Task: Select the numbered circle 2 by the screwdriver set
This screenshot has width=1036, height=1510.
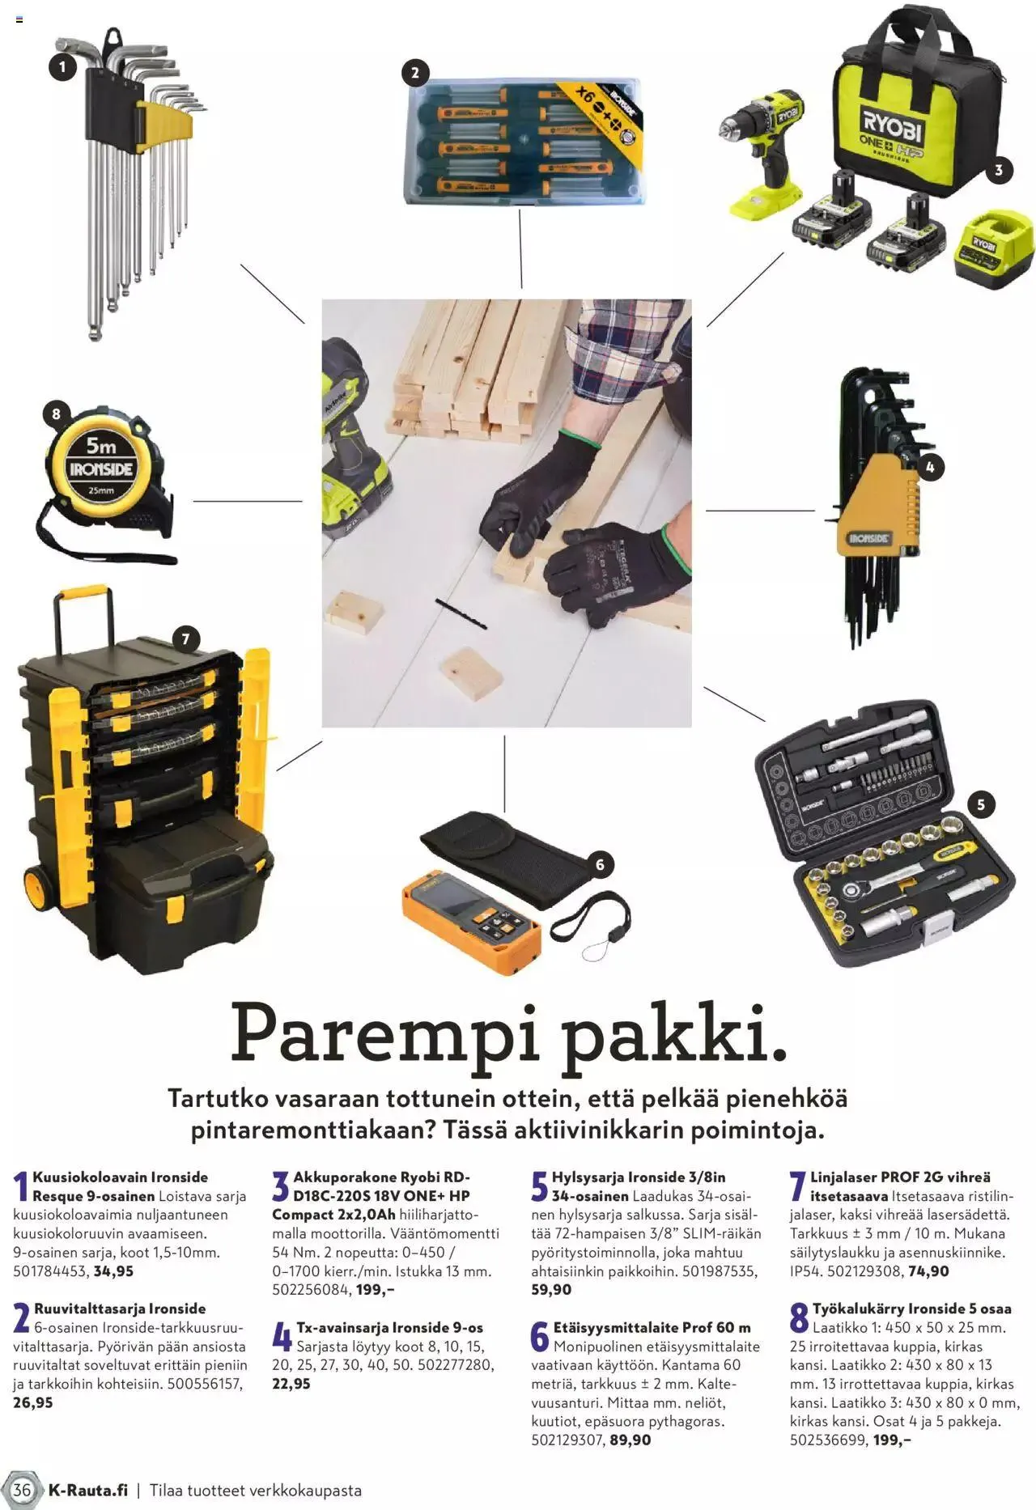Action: (x=415, y=73)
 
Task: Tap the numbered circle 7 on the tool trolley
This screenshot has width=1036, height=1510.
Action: (x=185, y=639)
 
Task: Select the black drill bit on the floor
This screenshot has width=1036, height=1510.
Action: (x=461, y=613)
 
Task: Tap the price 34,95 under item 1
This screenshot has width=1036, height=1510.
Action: (x=113, y=1271)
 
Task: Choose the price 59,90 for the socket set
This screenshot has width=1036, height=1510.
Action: (x=551, y=1290)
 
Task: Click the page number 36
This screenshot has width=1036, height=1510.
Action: (x=22, y=1490)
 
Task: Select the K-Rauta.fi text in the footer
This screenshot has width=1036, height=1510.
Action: (x=88, y=1490)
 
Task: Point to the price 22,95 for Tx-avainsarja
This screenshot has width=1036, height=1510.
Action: (x=291, y=1384)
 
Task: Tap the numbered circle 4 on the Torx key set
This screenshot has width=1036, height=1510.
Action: (x=930, y=467)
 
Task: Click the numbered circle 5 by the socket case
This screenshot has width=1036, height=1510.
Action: (x=981, y=804)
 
